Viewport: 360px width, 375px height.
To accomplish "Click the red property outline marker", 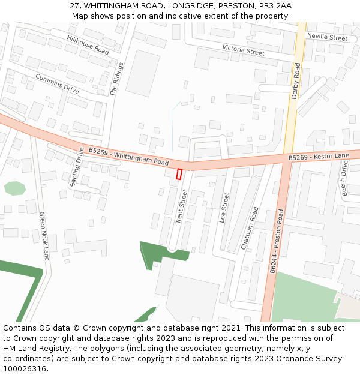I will tap(179, 174).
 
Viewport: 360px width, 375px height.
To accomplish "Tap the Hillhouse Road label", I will tap(88, 45).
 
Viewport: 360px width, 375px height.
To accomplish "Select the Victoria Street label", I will tap(243, 50).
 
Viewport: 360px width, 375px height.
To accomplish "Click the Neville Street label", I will tap(327, 37).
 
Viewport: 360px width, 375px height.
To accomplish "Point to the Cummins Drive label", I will tap(57, 83).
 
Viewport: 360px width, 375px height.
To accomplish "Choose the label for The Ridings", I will tap(116, 79).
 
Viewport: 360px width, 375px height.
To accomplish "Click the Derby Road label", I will tap(295, 82).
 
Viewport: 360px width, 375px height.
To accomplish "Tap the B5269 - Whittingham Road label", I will tap(128, 157).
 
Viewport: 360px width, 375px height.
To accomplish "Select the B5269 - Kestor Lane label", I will tap(319, 157).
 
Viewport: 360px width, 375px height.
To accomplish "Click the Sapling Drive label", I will tap(77, 167).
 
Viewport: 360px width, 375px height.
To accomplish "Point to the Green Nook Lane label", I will tap(44, 236).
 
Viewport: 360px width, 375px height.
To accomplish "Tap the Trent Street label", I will tap(181, 206).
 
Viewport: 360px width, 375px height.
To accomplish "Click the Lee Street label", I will tap(224, 208).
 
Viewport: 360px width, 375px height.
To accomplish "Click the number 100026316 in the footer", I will tap(25, 369).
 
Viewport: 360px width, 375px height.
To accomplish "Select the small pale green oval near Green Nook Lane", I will tap(14, 188).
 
